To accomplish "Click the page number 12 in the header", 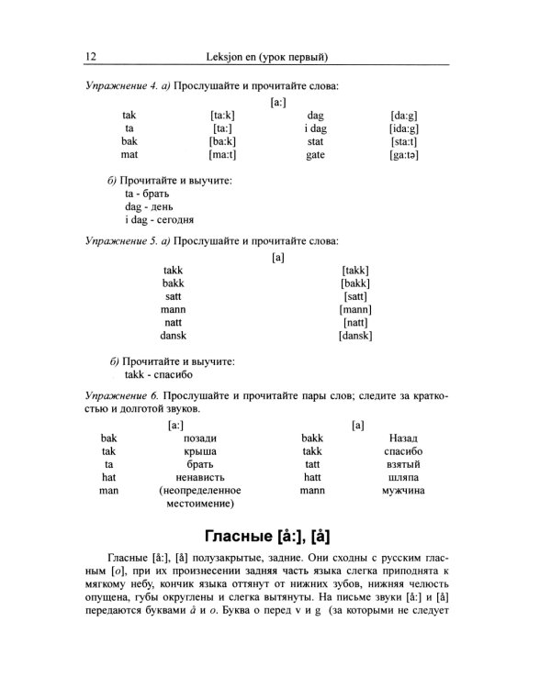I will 90,57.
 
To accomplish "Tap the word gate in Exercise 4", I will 315,156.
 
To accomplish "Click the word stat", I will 315,142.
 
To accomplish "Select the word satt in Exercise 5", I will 174,296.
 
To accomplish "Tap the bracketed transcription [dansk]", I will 355,336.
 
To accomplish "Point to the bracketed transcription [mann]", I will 355,310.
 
